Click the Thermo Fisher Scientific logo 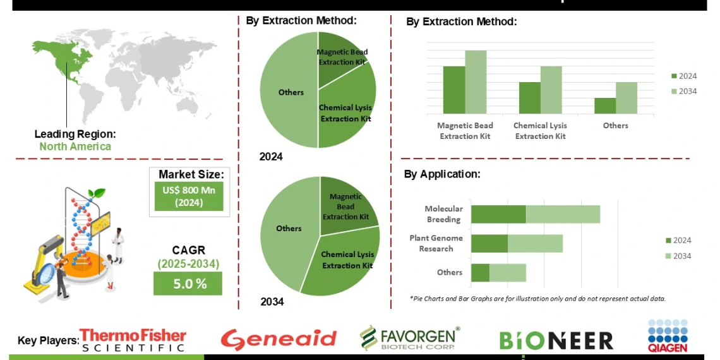point(133,340)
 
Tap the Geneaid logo point(279,339)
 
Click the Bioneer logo point(556,340)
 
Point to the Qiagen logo point(667,335)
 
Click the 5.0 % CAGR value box point(188,284)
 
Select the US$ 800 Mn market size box point(188,196)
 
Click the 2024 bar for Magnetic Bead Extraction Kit point(453,90)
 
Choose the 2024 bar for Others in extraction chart point(604,105)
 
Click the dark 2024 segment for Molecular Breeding point(498,214)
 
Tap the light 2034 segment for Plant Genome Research point(535,244)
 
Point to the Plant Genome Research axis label point(436,243)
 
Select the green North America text point(75,147)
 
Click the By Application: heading point(442,174)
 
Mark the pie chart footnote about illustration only point(537,298)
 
